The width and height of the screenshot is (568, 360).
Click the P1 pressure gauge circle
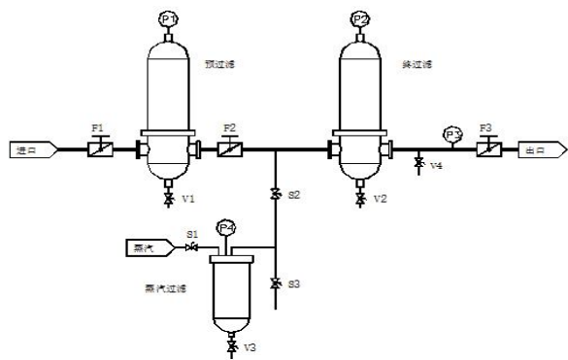tap(169, 18)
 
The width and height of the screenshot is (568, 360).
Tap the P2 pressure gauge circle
tap(361, 18)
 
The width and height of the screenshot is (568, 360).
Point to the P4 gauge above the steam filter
tap(227, 229)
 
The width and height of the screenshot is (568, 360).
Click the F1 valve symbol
tap(98, 151)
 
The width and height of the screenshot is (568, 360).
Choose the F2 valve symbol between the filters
tap(228, 151)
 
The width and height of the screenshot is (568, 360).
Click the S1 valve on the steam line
tap(191, 248)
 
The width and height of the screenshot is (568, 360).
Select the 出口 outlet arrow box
tap(537, 151)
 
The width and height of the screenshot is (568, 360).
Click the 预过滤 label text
tap(219, 65)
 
